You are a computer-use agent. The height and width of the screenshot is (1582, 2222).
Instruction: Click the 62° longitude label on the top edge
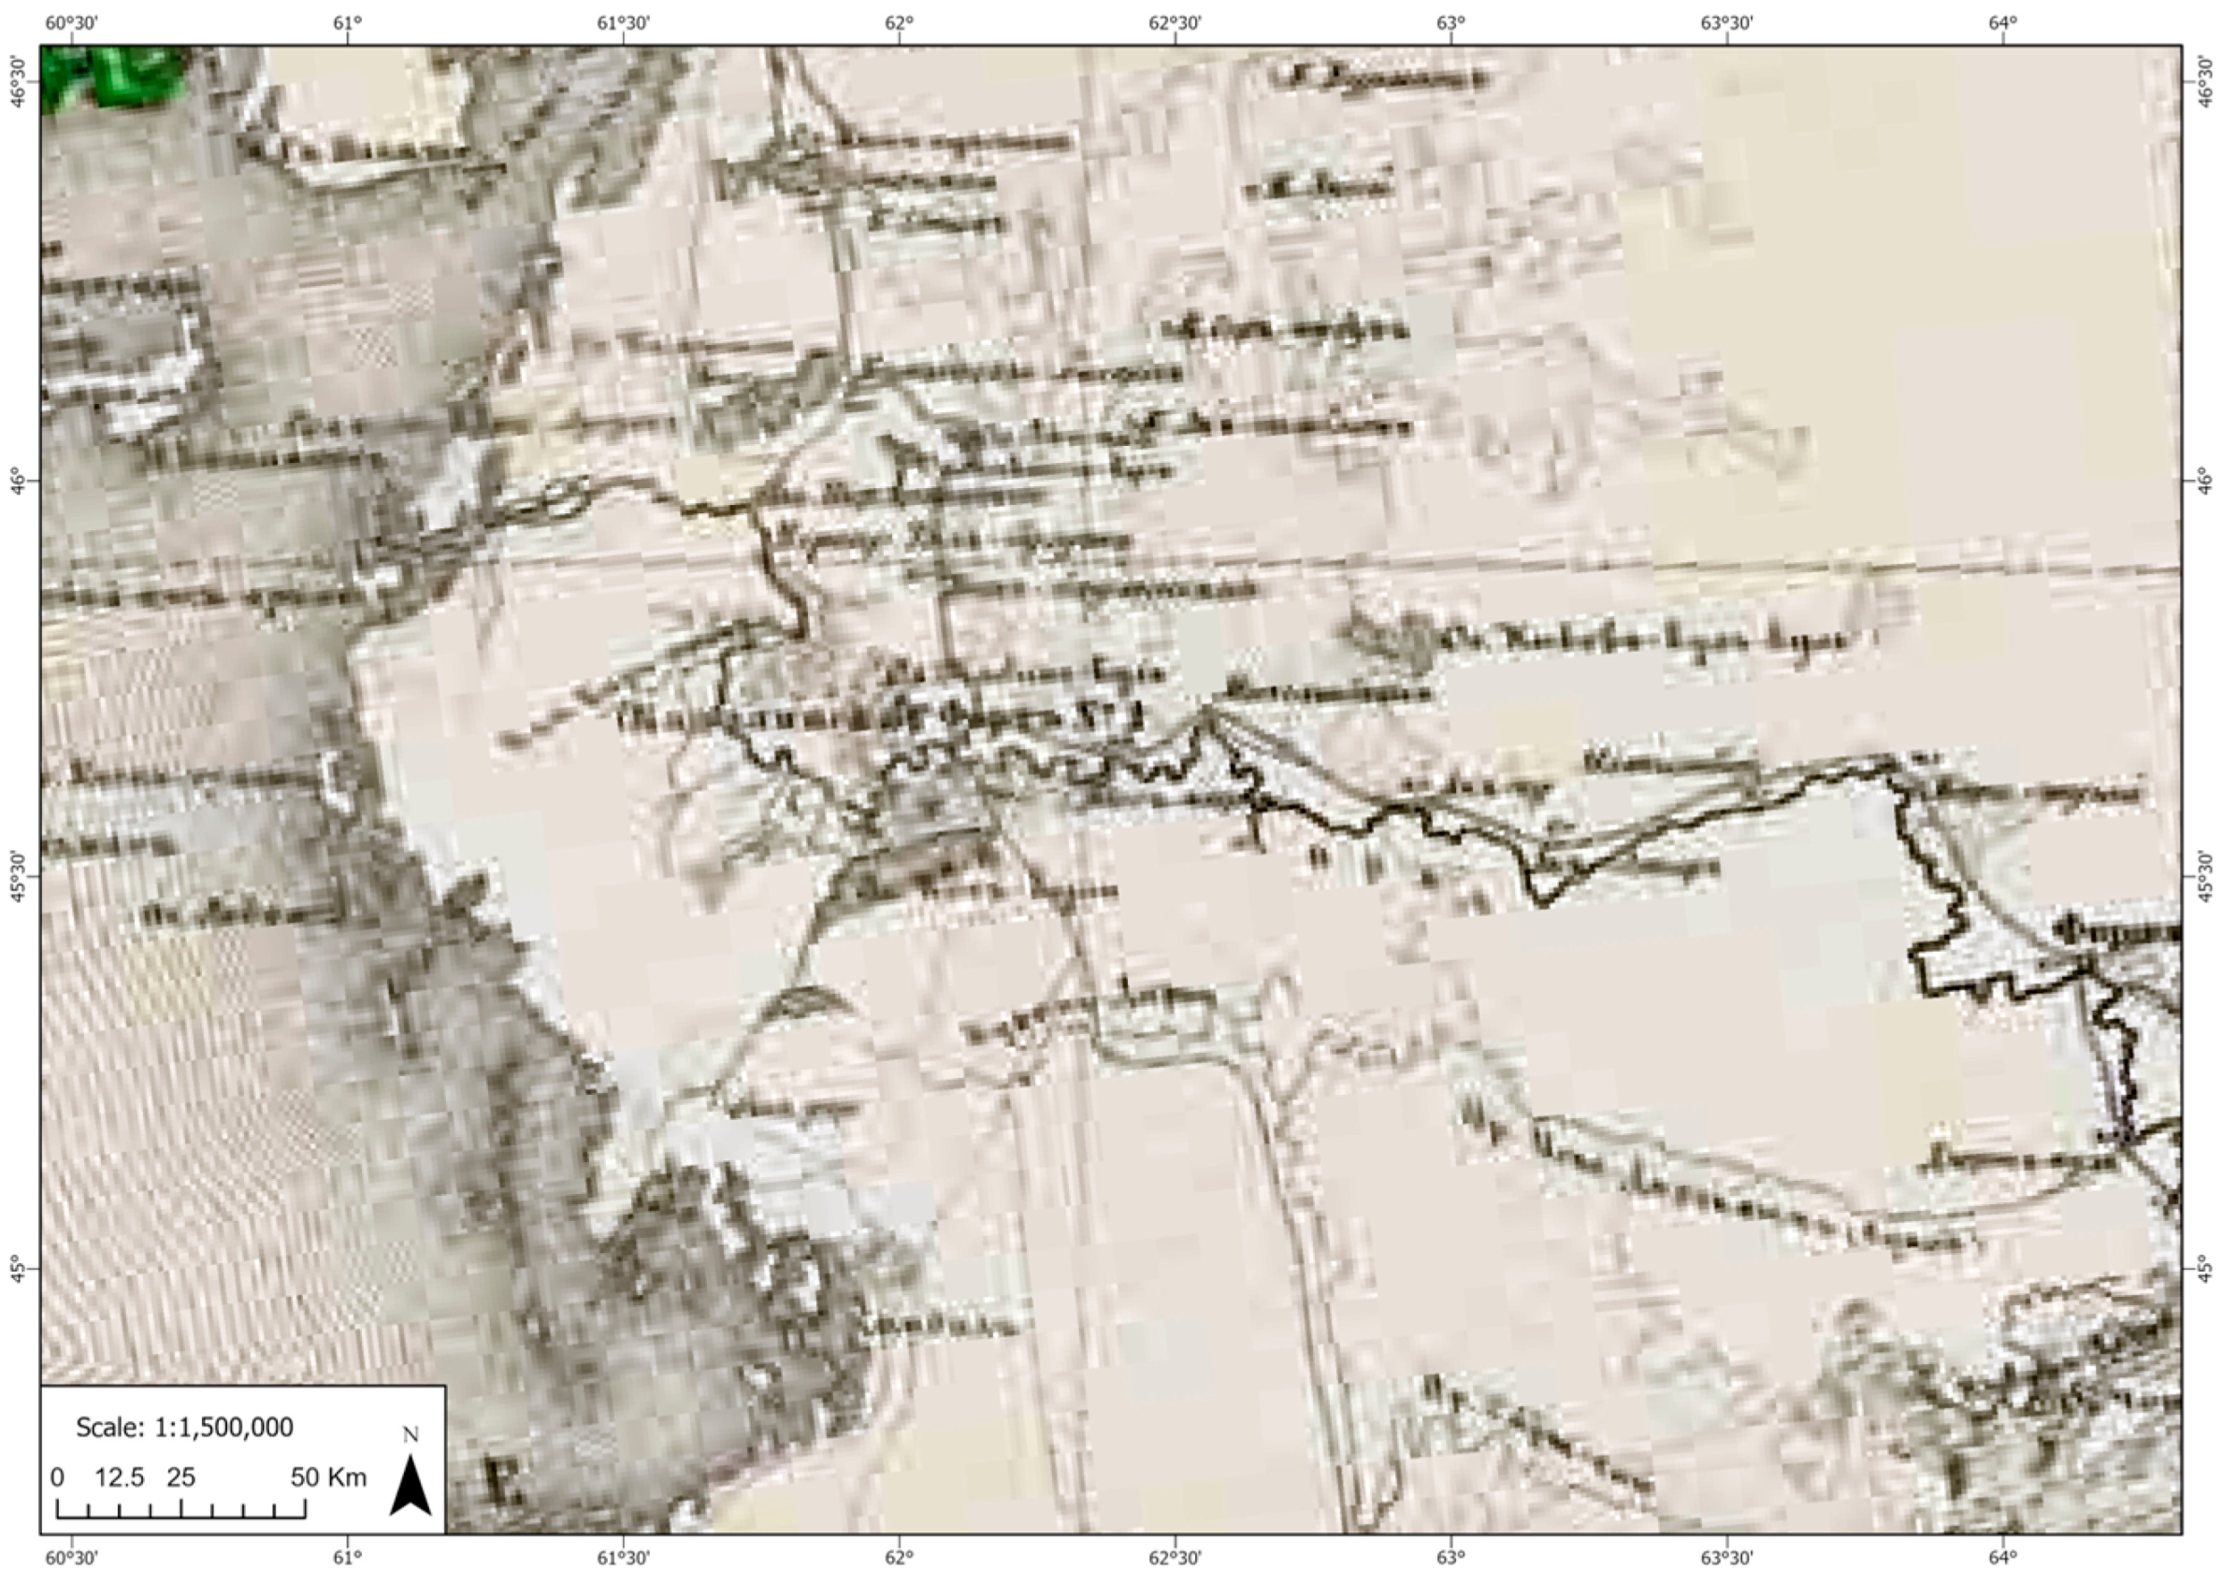[x=899, y=22]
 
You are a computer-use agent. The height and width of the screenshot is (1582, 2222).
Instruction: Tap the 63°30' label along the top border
[x=1727, y=22]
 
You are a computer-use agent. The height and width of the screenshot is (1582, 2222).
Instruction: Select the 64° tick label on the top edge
[x=2003, y=22]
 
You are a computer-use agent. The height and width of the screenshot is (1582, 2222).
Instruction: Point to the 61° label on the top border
[x=347, y=22]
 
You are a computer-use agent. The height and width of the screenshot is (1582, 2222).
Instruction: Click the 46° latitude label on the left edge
[x=17, y=481]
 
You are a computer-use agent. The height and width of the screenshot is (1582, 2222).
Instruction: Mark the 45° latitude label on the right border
[x=2205, y=1270]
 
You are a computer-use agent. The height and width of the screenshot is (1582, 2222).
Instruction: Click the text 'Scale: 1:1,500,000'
[x=184, y=1427]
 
